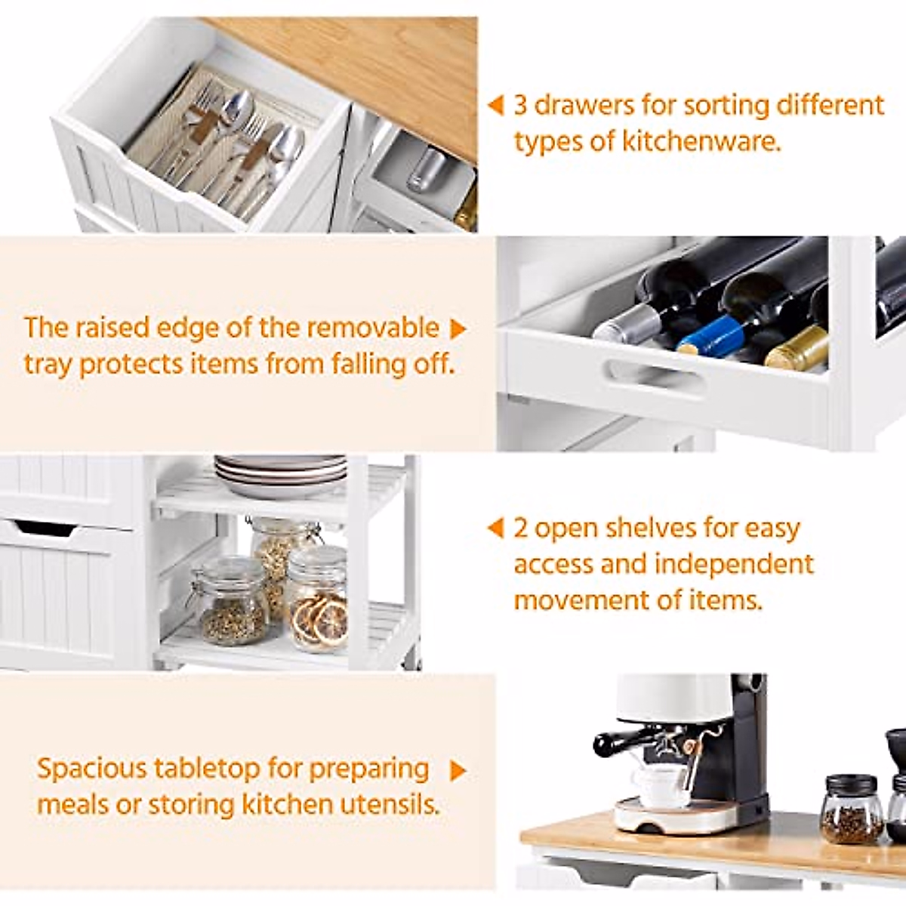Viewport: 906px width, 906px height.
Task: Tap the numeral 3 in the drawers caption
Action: pos(520,105)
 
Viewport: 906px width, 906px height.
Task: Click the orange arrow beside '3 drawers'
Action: pos(495,105)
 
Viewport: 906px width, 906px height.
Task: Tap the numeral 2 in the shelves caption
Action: pos(520,528)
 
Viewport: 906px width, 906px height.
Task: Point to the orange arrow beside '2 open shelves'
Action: pos(495,528)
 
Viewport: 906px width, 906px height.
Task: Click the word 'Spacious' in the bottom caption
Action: pos(91,769)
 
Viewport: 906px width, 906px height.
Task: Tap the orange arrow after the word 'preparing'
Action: pos(458,771)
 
